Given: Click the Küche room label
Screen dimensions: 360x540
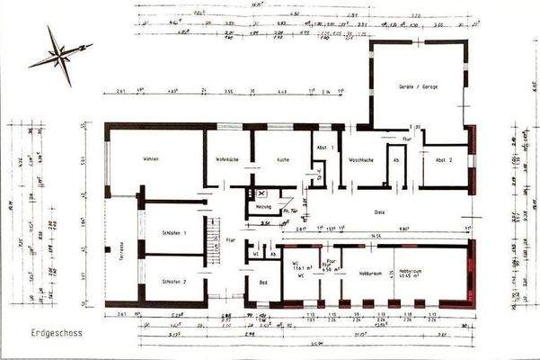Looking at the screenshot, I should click(282, 159).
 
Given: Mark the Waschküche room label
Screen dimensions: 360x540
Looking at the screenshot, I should click(361, 159).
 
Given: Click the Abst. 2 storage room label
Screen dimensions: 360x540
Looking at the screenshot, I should click(444, 159).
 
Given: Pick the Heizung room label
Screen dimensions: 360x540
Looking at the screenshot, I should click(263, 206).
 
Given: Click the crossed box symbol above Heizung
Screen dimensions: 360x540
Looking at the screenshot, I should click(261, 193).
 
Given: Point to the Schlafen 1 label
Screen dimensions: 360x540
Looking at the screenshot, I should click(174, 233).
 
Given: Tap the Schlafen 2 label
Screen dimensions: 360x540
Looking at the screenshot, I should click(174, 282).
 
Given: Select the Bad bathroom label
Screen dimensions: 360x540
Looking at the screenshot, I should click(262, 283).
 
